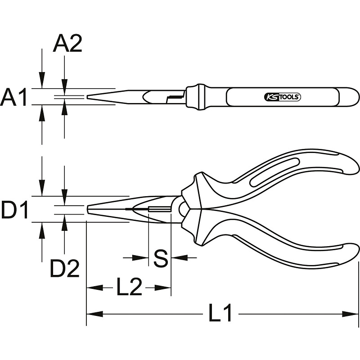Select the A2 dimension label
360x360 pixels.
tap(67, 44)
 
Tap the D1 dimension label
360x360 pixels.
tap(14, 209)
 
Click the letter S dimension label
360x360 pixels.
tap(161, 258)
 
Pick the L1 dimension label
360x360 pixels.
tap(220, 312)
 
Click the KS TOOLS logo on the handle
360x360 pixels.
tap(283, 97)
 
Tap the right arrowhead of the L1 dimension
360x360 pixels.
tap(351, 314)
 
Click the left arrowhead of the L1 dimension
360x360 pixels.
tap(94, 314)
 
